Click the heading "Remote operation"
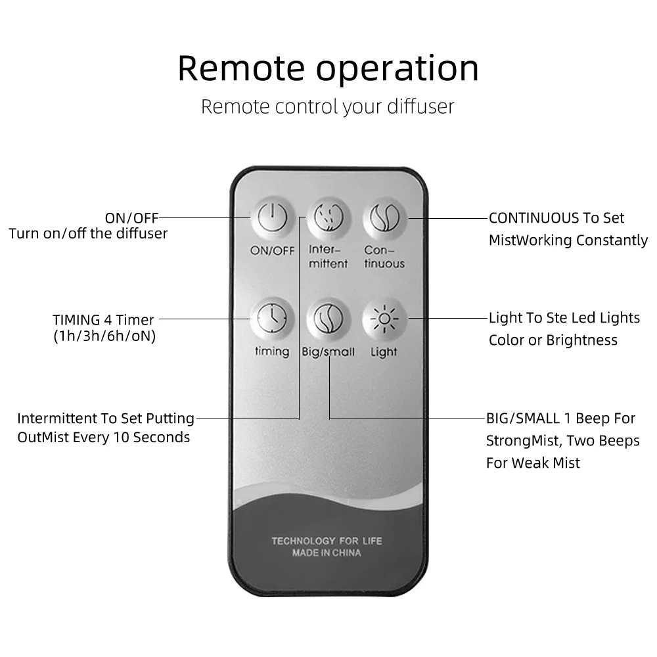click(328, 68)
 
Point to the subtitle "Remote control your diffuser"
click(327, 106)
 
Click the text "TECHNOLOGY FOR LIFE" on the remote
click(327, 541)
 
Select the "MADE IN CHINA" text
click(327, 553)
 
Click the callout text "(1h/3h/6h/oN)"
click(104, 337)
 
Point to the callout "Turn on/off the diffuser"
click(88, 233)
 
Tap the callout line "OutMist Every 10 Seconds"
click(104, 438)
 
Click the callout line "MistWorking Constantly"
click(568, 240)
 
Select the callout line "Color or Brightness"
click(553, 340)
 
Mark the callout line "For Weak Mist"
click(533, 463)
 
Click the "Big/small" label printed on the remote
click(328, 352)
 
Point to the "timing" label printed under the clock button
click(272, 351)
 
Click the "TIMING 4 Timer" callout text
click(103, 320)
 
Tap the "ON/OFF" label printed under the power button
click(272, 250)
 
